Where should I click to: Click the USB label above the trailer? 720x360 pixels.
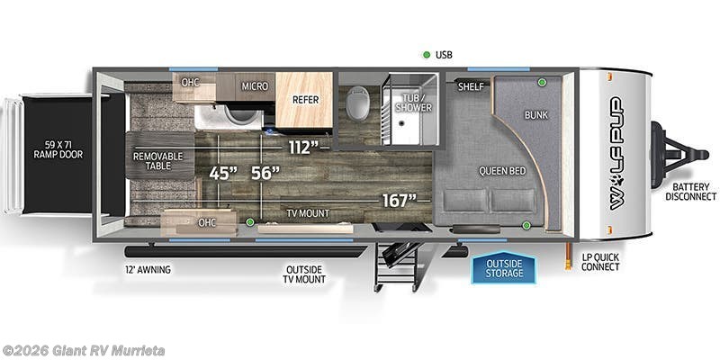444,55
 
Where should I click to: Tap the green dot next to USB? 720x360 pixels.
427,55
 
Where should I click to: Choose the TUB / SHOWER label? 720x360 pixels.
415,102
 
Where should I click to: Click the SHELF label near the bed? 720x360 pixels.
471,87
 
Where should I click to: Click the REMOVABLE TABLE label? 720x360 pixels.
158,162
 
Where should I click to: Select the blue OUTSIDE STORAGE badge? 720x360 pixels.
504,267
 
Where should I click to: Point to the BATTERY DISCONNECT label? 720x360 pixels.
691,191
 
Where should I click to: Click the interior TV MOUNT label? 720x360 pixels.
305,213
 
